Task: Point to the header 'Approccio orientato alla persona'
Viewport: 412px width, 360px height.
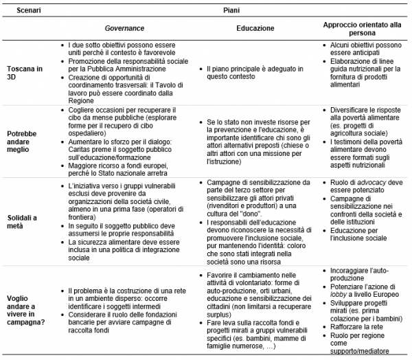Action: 361,29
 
